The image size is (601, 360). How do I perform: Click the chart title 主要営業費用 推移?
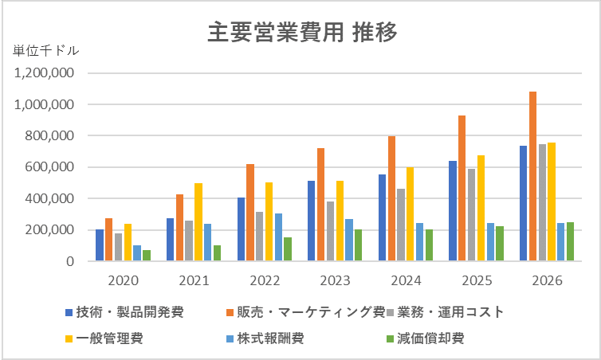pyautogui.click(x=301, y=33)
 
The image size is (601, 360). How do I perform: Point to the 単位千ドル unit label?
pyautogui.click(x=45, y=51)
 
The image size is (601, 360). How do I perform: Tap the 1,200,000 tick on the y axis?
pyautogui.click(x=45, y=73)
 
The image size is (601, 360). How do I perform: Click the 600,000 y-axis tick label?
pyautogui.click(x=49, y=167)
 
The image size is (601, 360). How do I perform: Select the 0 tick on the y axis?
pyautogui.click(x=70, y=261)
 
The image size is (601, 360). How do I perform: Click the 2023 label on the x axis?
pyautogui.click(x=336, y=280)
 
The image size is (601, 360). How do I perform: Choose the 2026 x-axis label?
pyautogui.click(x=547, y=280)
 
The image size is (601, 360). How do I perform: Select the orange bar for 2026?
pyautogui.click(x=533, y=176)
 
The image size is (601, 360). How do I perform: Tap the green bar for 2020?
pyautogui.click(x=147, y=256)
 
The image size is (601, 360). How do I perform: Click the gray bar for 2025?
pyautogui.click(x=471, y=215)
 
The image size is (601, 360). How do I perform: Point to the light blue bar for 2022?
pyautogui.click(x=278, y=237)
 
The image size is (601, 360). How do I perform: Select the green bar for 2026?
pyautogui.click(x=570, y=241)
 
